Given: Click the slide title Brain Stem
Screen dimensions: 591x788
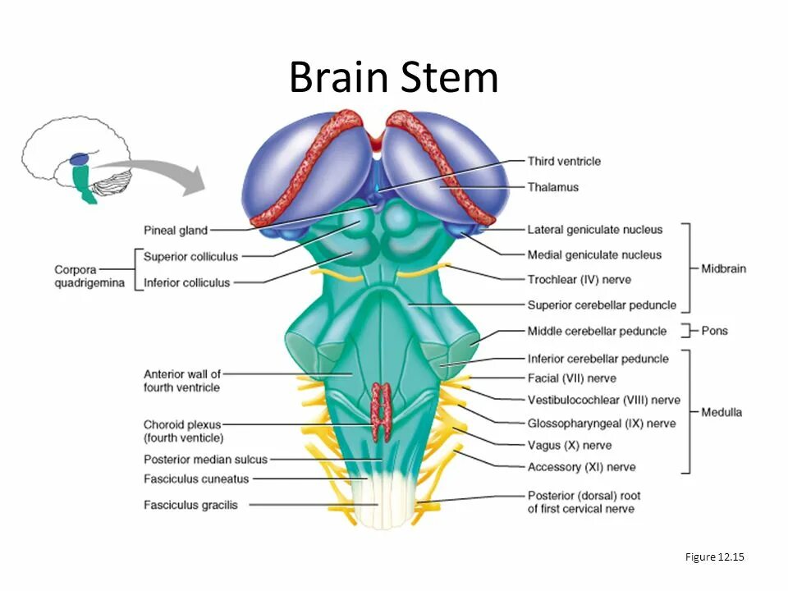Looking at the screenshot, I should (x=393, y=78).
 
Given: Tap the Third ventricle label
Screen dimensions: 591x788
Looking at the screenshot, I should (x=564, y=161).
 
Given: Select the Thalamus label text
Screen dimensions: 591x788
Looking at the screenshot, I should (x=552, y=187).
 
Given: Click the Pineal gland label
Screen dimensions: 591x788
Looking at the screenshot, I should (x=175, y=231).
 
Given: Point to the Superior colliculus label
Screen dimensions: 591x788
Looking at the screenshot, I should (x=190, y=256).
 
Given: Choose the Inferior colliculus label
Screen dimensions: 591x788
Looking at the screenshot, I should (x=187, y=282).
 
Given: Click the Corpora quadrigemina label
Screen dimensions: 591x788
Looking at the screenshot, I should (x=89, y=276).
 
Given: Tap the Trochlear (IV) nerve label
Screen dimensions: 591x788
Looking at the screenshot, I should (x=579, y=279).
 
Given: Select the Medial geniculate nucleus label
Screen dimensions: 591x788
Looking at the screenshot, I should (x=594, y=254).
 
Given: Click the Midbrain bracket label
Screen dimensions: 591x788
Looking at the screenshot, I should (x=723, y=268).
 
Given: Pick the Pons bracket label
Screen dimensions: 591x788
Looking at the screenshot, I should (x=714, y=331).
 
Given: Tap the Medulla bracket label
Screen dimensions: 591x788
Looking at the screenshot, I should (x=721, y=412).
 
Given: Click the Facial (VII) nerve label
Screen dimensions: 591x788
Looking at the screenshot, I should (x=571, y=378).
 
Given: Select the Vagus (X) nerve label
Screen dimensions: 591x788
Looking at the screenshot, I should (x=569, y=445).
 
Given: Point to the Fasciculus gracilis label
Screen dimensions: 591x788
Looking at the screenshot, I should (x=190, y=505).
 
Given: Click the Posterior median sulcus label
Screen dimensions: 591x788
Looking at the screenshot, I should (x=205, y=460).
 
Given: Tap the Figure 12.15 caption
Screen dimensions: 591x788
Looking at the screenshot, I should (x=714, y=557).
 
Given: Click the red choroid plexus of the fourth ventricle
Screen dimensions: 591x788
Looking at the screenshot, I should (x=380, y=410).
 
